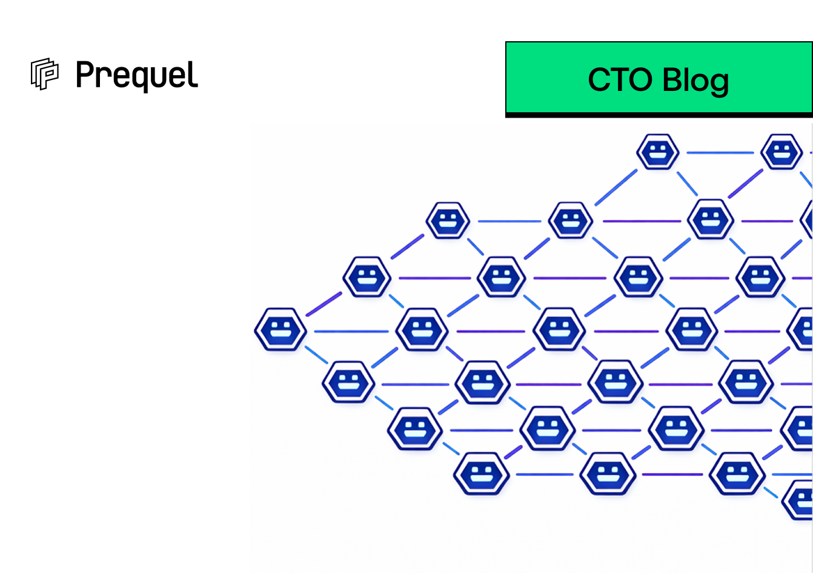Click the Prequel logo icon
[44, 74]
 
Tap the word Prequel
[136, 76]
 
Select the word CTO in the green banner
[620, 80]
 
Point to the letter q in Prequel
[139, 79]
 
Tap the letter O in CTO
[638, 80]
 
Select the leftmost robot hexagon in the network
[280, 330]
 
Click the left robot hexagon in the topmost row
[658, 152]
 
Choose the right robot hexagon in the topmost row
[782, 152]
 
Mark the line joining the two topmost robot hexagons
[720, 153]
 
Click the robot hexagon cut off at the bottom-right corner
[800, 500]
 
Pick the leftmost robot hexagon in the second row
[448, 220]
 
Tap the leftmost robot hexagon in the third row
[367, 277]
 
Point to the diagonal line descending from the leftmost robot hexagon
[316, 355]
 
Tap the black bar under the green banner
[659, 115]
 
